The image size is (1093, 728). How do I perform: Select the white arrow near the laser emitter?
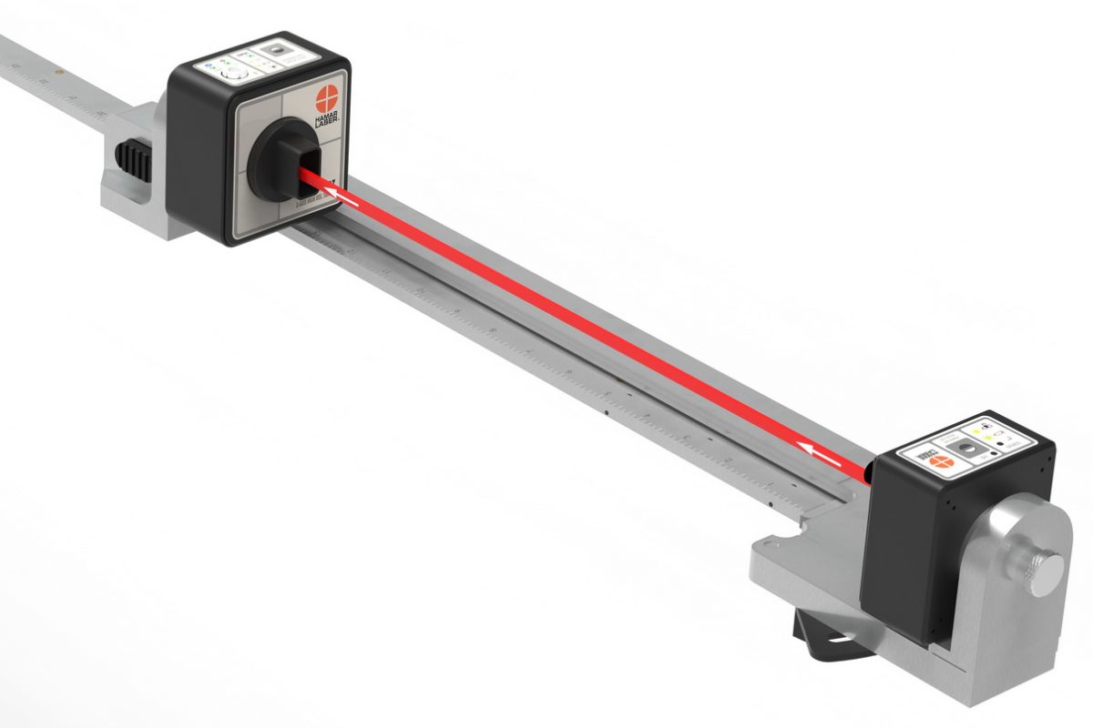820,449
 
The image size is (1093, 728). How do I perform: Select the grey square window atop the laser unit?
975,452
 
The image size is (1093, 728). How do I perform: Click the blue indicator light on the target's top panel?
209,66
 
